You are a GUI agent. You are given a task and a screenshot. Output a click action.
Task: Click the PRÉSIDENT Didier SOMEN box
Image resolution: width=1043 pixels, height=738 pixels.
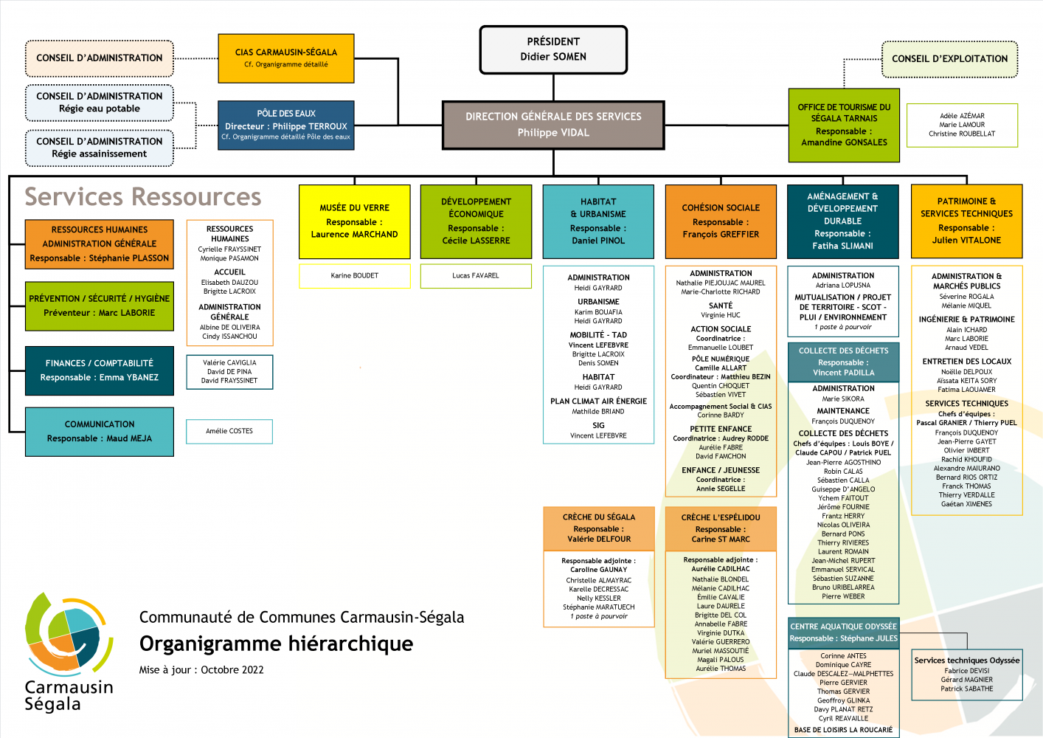tap(553, 49)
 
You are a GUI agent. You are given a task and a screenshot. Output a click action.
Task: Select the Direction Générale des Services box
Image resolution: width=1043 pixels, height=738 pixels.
tap(553, 125)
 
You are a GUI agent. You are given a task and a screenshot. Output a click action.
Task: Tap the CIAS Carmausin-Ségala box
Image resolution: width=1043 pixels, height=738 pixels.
tap(286, 58)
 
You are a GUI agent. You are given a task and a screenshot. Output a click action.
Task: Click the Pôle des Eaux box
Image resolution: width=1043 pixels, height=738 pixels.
tap(286, 125)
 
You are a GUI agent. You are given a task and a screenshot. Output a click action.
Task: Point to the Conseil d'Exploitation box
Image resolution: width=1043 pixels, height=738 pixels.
tap(949, 59)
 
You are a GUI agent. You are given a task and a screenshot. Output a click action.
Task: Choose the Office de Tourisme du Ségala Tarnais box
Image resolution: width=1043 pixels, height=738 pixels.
tap(844, 125)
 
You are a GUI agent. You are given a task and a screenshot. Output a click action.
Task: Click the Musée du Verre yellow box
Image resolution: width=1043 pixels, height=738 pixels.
tap(354, 221)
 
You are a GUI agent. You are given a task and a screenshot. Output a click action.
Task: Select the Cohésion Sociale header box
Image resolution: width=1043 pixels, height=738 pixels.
tap(721, 221)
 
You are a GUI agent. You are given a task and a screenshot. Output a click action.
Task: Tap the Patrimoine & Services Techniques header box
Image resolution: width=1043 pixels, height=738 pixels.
tap(966, 221)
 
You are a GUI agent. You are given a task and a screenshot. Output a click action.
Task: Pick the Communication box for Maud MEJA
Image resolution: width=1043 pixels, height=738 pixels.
tap(100, 431)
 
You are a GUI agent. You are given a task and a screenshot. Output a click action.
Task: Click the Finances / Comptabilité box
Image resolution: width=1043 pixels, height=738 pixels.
tap(100, 370)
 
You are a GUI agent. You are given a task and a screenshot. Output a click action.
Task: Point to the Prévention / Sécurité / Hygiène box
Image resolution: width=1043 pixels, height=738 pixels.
tap(100, 306)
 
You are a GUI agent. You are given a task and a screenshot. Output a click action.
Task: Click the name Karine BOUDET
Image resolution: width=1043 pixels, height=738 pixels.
tap(354, 276)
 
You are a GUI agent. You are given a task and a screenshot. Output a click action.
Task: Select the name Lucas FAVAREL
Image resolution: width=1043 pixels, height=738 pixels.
tap(476, 276)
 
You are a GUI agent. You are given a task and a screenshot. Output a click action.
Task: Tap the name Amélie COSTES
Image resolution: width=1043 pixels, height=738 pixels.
tap(229, 431)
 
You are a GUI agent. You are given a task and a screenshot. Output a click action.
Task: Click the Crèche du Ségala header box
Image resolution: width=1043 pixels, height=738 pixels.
tap(598, 528)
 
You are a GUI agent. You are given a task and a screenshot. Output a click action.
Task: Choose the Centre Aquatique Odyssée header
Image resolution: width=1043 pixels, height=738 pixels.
tap(844, 632)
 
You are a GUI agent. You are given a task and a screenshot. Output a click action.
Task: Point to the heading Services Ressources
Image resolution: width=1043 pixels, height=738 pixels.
tap(143, 197)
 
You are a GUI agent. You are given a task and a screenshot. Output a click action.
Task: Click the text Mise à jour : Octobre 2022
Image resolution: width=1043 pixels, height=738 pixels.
tap(201, 670)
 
